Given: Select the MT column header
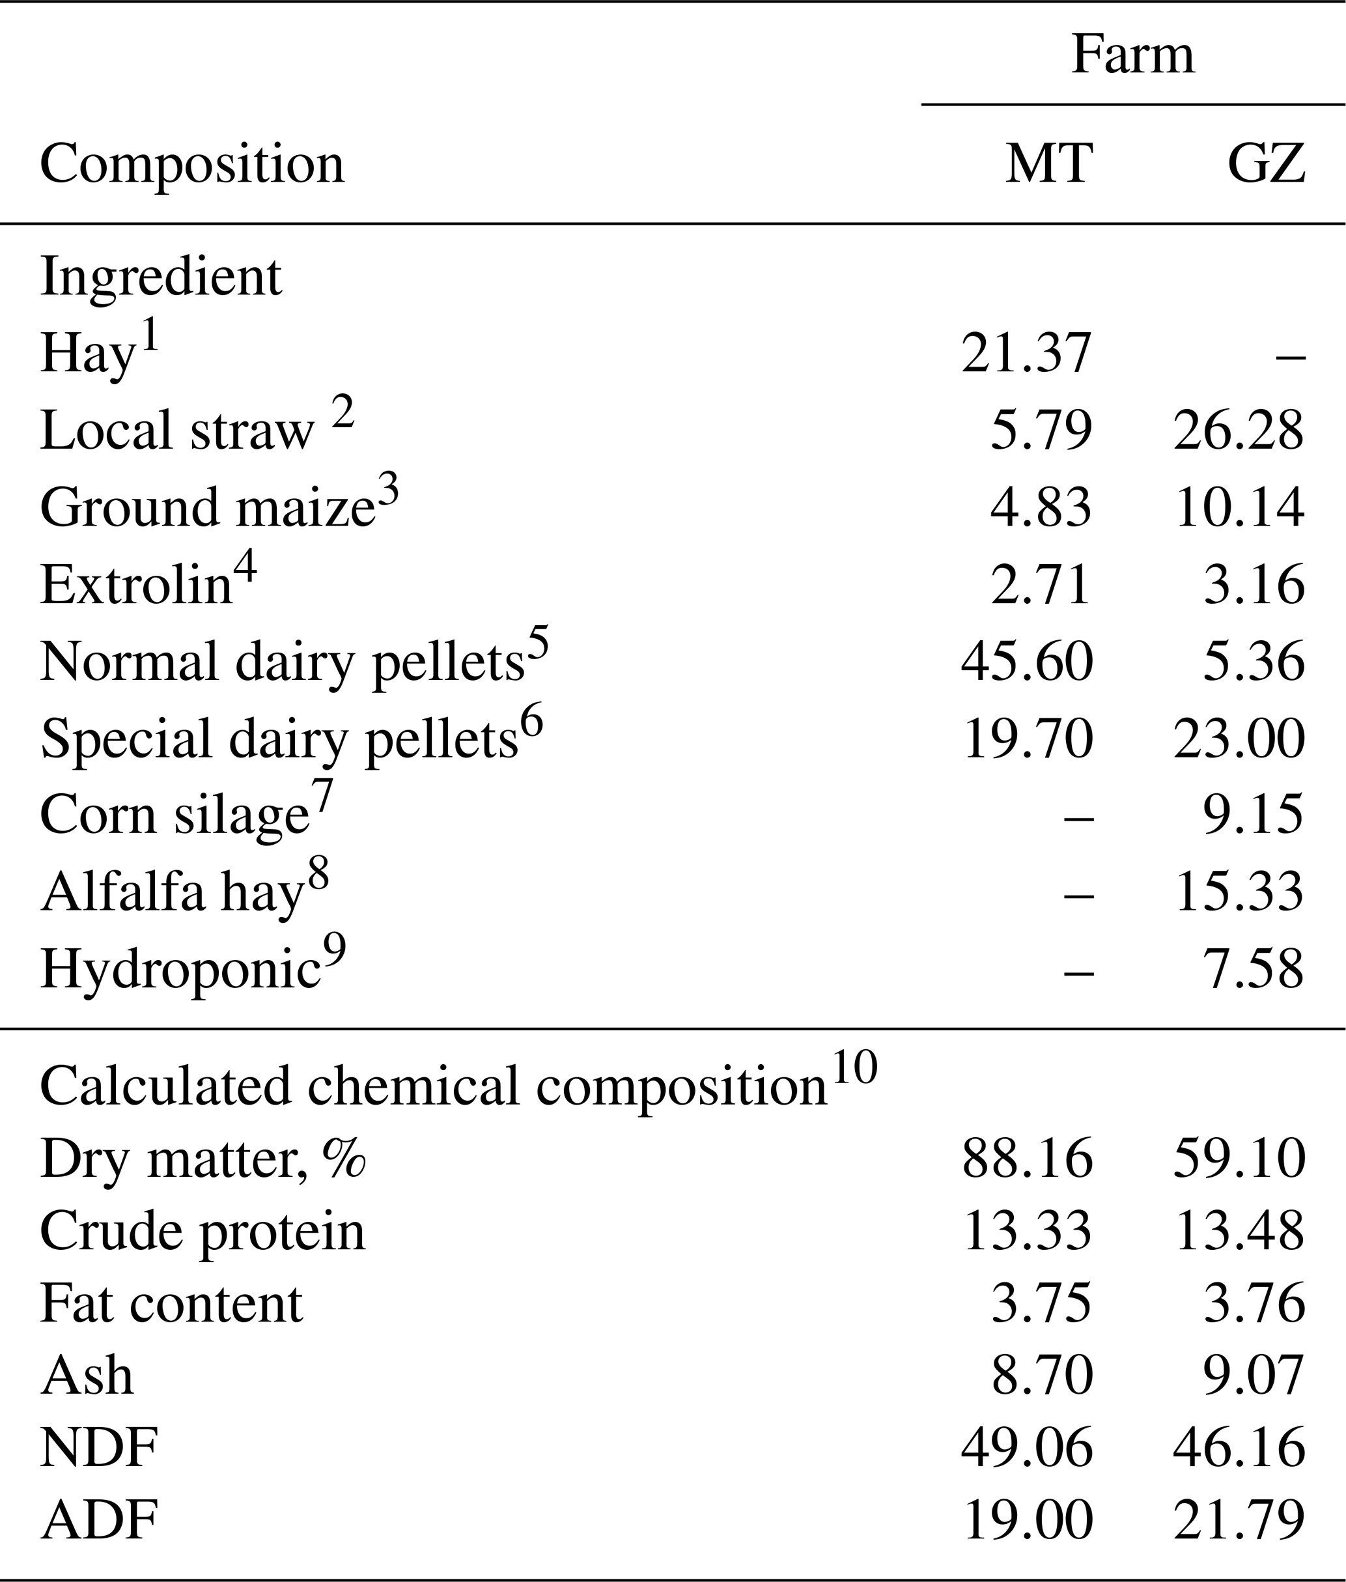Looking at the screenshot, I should pos(1048,163).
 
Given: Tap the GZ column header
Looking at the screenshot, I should pos(1266,163).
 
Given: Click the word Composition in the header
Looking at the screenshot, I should pos(191,163).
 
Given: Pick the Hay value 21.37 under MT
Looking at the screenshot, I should pos(1026,354).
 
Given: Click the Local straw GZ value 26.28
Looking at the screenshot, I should pos(1239,431).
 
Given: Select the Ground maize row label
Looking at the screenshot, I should pos(208,507).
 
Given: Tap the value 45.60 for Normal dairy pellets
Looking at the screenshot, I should pos(1026,661).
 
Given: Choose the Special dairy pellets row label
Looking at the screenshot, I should pos(279,739).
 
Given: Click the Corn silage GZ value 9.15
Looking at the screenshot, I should pos(1254,815).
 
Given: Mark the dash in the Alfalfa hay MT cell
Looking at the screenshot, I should pos(1078,894).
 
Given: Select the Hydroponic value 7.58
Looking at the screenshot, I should pos(1254,969).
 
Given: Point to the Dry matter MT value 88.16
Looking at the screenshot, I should pos(1026,1159).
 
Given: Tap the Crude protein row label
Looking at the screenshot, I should pos(203,1231).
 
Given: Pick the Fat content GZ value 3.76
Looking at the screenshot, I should pos(1254,1303).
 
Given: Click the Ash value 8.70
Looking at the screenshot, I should pos(1041,1375).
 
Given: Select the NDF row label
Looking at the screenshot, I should pos(99,1448).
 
